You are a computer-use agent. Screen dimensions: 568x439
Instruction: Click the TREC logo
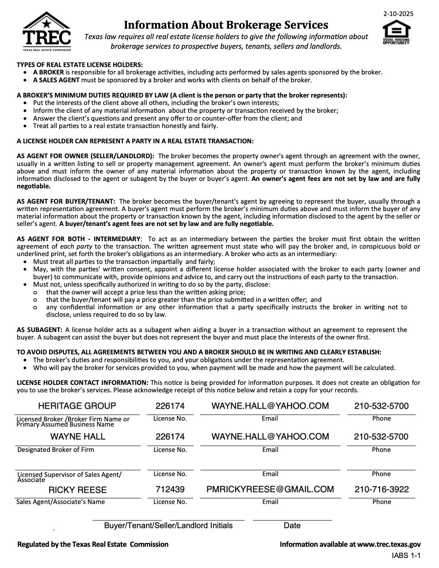coord(47,31)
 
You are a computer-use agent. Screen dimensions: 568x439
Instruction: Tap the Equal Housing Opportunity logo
coord(396,33)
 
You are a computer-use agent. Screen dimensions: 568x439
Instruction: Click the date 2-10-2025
coord(398,14)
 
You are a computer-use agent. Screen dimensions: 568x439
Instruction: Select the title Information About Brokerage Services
coord(226,25)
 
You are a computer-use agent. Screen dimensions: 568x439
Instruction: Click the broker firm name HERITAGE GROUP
coord(77,406)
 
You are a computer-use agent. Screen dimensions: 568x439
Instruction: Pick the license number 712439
coord(170,489)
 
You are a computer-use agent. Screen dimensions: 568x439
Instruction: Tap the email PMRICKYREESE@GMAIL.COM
coord(270,489)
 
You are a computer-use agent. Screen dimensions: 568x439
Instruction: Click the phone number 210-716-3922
coord(381,489)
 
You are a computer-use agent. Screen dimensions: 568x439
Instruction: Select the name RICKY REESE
coord(78,490)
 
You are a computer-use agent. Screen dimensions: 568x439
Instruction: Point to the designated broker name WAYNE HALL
coord(78,437)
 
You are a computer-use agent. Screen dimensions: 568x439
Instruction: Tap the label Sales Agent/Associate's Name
coord(61,502)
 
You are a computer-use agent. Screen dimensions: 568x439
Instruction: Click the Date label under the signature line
coord(292,526)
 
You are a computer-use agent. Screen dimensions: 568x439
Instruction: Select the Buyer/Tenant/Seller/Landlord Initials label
coord(168,526)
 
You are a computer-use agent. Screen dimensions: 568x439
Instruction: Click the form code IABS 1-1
coord(406,556)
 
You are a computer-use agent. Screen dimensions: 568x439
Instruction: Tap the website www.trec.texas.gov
coord(389,544)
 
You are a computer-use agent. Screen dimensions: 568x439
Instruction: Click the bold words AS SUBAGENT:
coord(40,330)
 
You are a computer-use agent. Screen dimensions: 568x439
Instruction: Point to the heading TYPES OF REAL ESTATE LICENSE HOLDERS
coord(80,64)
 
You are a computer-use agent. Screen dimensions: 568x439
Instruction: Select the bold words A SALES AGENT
coord(56,80)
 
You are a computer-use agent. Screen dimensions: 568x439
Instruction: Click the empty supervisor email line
coord(270,465)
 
